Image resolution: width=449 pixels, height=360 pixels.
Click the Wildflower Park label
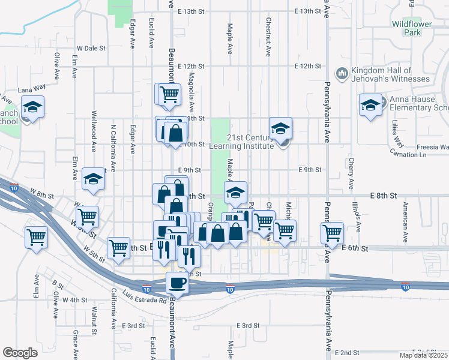pyautogui.click(x=406, y=29)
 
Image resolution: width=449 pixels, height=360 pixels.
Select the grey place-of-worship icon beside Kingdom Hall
pyautogui.click(x=342, y=73)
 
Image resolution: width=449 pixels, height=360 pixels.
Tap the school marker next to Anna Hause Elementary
pyautogui.click(x=371, y=106)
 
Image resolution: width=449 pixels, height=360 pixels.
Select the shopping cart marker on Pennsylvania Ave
pyautogui.click(x=332, y=233)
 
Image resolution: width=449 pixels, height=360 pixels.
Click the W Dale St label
pyautogui.click(x=91, y=48)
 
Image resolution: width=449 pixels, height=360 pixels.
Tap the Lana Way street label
pyautogui.click(x=32, y=89)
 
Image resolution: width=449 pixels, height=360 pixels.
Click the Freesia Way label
pyautogui.click(x=434, y=146)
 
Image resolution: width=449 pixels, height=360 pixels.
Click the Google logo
pyautogui.click(x=20, y=353)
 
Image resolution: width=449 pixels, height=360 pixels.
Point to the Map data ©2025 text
pyautogui.click(x=423, y=355)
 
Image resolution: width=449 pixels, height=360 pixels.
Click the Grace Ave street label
pyautogui.click(x=76, y=340)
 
